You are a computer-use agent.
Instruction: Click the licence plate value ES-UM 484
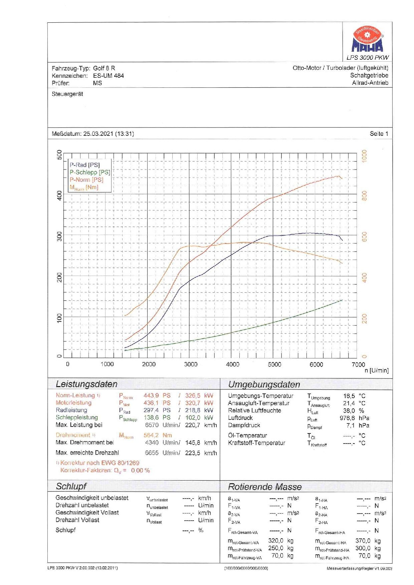[108, 76]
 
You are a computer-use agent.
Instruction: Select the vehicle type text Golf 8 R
[104, 68]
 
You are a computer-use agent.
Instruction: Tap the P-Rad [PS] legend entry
[84, 165]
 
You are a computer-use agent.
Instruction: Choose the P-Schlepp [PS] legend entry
[89, 172]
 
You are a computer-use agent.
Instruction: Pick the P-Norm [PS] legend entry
[86, 180]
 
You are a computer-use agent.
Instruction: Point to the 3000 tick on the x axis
[191, 364]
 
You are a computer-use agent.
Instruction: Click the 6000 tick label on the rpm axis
[316, 364]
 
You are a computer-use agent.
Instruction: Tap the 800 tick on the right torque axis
[364, 196]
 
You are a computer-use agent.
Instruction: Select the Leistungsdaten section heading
[86, 384]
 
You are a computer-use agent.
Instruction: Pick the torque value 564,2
[151, 435]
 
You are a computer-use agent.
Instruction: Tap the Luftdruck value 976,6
[347, 418]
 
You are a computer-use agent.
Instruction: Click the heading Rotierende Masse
[264, 487]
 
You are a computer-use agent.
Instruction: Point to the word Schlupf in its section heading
[71, 486]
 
